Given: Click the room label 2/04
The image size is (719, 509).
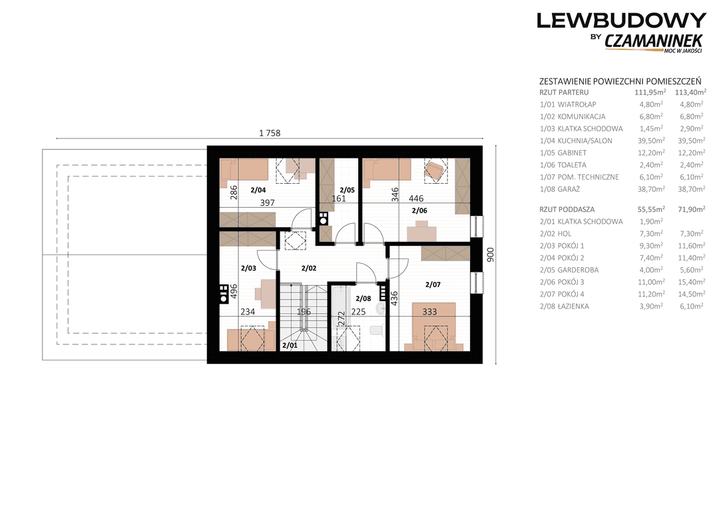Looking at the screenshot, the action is (x=258, y=190).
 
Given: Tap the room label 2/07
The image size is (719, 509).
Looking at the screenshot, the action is (x=433, y=284).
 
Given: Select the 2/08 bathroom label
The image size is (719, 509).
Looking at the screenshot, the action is (x=363, y=298).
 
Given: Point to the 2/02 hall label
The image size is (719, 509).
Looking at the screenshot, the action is (x=309, y=268).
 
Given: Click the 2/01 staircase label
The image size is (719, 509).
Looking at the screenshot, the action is (x=290, y=345).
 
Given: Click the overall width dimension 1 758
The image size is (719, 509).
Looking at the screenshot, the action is (x=270, y=133).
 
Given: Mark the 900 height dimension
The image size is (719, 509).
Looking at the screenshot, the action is (x=490, y=254).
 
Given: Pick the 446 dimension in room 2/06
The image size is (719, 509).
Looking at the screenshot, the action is (x=416, y=199).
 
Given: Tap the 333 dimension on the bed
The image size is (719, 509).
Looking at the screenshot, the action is (x=429, y=312).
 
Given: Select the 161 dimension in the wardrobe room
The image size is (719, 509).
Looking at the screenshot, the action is (x=338, y=199).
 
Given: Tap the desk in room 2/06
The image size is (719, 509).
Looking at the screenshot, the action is (x=422, y=231).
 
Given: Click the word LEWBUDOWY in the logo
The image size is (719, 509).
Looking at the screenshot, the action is (x=621, y=21).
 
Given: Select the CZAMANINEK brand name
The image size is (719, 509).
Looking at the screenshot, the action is (x=654, y=41).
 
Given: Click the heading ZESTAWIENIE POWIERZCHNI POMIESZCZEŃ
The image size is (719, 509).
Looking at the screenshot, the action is (x=620, y=81).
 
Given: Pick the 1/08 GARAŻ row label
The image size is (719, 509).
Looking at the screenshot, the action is (x=560, y=189).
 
